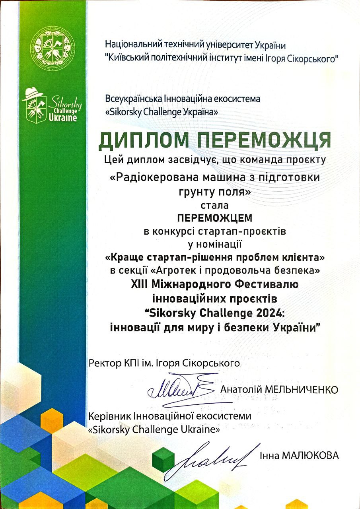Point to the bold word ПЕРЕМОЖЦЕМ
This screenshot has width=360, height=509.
point(215,218)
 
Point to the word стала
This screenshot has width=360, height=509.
point(215,206)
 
